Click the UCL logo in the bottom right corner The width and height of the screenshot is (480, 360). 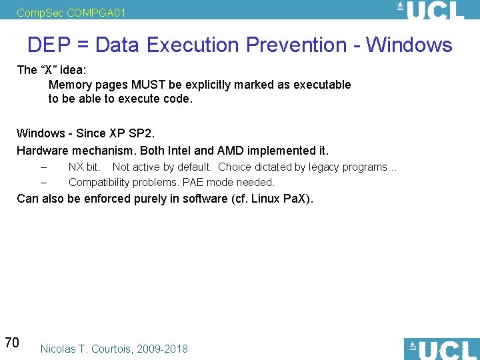[x=441, y=349]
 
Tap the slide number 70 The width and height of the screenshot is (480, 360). [x=11, y=343]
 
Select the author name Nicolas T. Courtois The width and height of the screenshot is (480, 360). [x=87, y=349]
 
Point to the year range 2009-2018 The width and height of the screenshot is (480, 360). [x=162, y=349]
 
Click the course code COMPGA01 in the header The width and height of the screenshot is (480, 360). [x=96, y=13]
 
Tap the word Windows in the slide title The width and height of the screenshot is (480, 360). [x=409, y=45]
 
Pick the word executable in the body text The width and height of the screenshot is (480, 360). [x=323, y=85]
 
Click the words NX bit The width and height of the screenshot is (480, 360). [x=85, y=167]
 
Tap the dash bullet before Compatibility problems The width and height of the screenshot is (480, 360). [x=43, y=182]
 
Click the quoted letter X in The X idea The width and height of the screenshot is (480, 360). [x=48, y=70]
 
